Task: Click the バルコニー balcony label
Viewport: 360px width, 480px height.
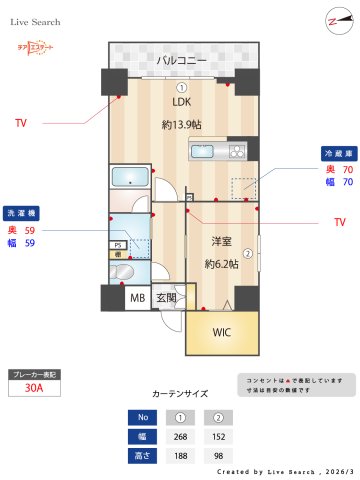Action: (181, 61)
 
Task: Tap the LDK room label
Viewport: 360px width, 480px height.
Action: (181, 102)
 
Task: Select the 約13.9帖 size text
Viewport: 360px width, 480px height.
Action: (181, 125)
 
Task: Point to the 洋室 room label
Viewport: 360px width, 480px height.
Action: (221, 242)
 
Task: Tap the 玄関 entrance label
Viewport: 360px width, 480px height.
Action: (166, 297)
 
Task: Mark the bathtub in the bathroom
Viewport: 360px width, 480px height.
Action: (129, 179)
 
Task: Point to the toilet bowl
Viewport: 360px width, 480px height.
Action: (124, 271)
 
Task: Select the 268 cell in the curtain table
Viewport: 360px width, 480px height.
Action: (181, 435)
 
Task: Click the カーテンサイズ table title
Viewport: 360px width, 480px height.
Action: (181, 394)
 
